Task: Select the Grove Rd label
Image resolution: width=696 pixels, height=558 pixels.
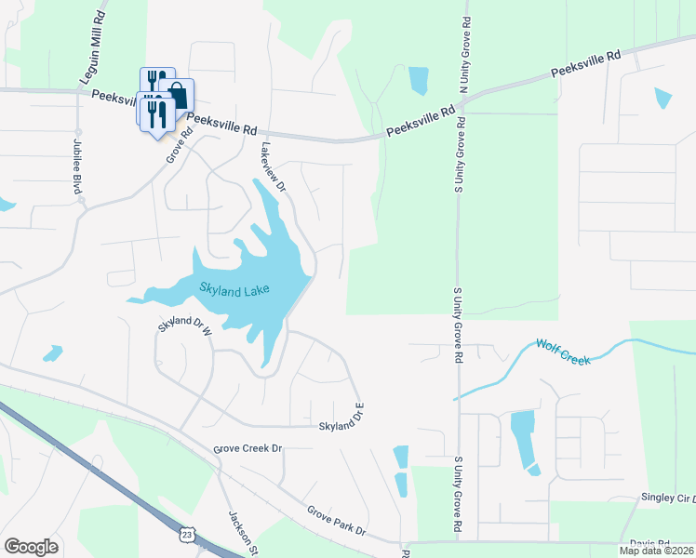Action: pyautogui.click(x=179, y=145)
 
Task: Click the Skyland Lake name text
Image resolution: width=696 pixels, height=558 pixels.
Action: pyautogui.click(x=234, y=290)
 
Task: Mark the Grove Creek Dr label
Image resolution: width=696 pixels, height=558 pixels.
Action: pyautogui.click(x=247, y=448)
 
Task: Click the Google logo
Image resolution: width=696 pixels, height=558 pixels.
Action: pyautogui.click(x=31, y=547)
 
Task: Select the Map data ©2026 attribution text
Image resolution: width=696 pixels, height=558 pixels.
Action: pyautogui.click(x=656, y=551)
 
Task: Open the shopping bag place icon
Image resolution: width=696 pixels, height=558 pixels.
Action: pyautogui.click(x=176, y=94)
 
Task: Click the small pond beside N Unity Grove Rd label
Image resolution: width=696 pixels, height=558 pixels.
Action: pyautogui.click(x=418, y=80)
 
